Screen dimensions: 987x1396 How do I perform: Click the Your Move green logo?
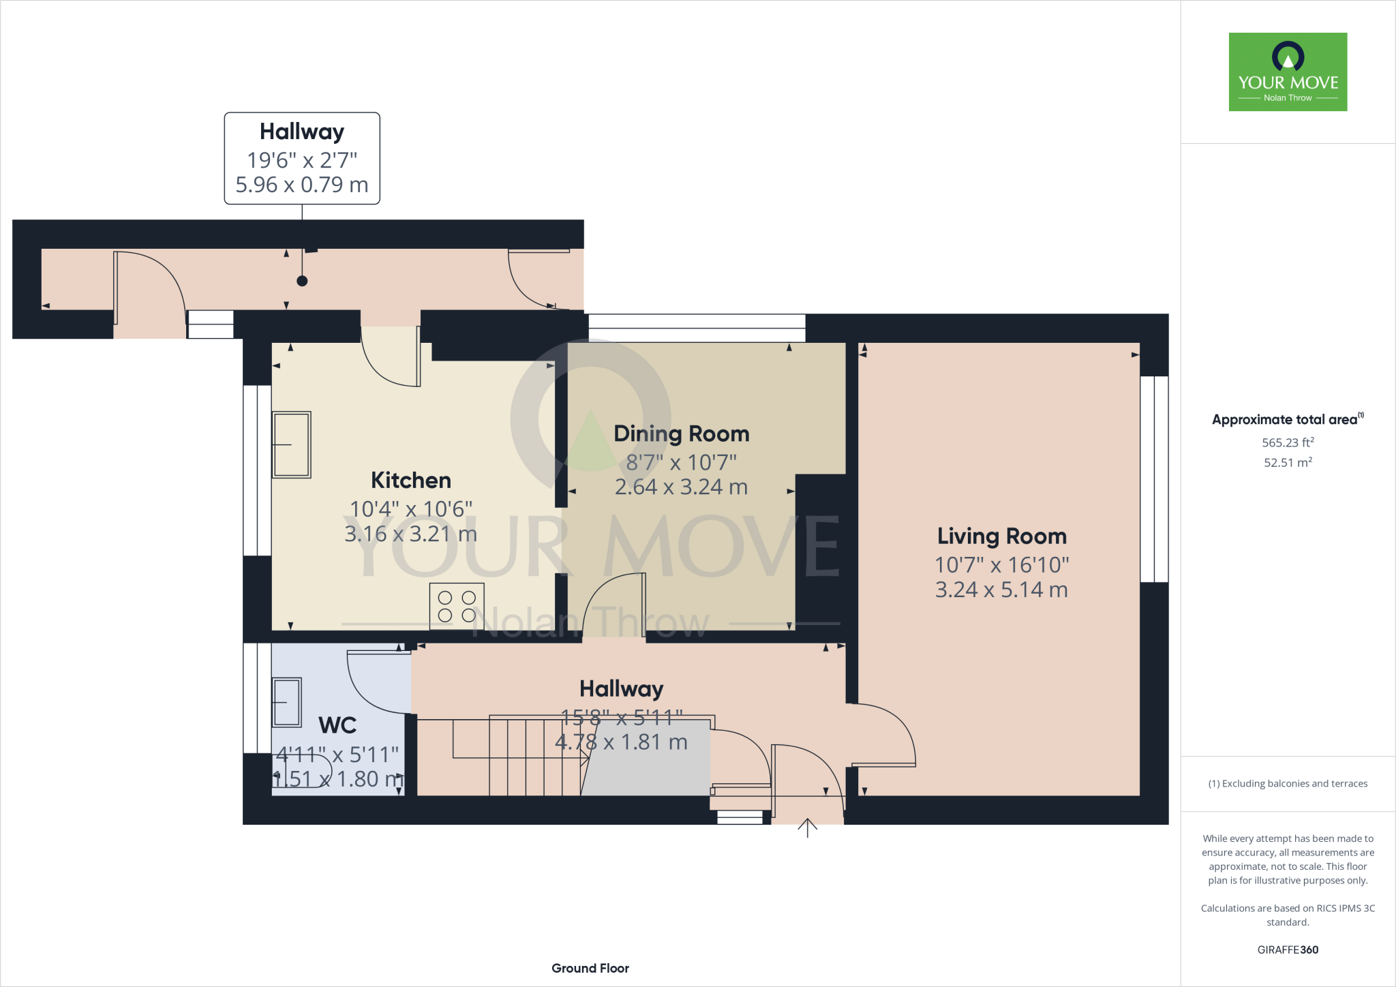point(1288,72)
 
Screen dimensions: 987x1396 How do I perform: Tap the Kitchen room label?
point(410,481)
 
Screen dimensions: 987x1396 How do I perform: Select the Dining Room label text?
point(681,434)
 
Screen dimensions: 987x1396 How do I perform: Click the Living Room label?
point(1001,536)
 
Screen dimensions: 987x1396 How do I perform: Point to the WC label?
point(337,725)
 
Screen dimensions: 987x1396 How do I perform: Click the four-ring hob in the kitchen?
point(457,606)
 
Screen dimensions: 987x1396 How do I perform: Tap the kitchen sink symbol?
point(292,444)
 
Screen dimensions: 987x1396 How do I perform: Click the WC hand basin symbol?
point(287,702)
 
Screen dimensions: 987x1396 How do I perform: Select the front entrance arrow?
point(807,827)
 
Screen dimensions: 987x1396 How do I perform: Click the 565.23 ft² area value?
point(1288,442)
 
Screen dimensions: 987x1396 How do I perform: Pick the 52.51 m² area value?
point(1288,462)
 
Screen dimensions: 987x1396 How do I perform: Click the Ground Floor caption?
point(590,968)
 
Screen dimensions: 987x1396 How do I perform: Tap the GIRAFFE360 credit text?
point(1288,950)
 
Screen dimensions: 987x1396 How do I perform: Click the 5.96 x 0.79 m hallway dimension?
point(302,185)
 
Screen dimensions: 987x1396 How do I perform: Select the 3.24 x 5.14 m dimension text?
point(1001,590)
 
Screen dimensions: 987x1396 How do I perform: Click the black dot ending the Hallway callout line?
point(302,281)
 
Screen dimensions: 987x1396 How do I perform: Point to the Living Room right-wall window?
point(1154,479)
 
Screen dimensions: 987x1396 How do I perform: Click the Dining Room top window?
point(697,328)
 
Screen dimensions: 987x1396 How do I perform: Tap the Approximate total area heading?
point(1286,420)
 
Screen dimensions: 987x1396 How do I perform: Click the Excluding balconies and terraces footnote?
point(1288,784)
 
